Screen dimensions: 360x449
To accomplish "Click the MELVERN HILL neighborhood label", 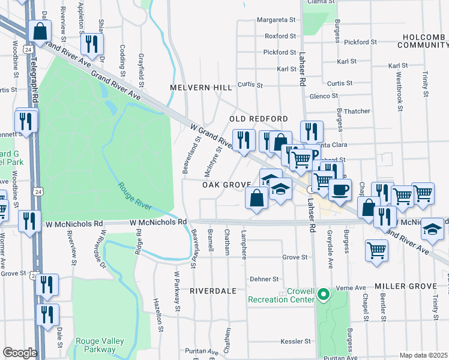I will click(x=200, y=88).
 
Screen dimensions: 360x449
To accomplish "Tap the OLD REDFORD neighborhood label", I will click(x=259, y=119).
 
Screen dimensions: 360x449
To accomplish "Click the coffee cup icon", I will click(x=340, y=190).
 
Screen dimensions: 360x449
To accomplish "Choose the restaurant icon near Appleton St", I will click(x=92, y=44).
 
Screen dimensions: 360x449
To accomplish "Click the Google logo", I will click(x=19, y=353).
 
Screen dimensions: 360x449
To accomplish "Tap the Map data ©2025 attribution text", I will click(x=423, y=355).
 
